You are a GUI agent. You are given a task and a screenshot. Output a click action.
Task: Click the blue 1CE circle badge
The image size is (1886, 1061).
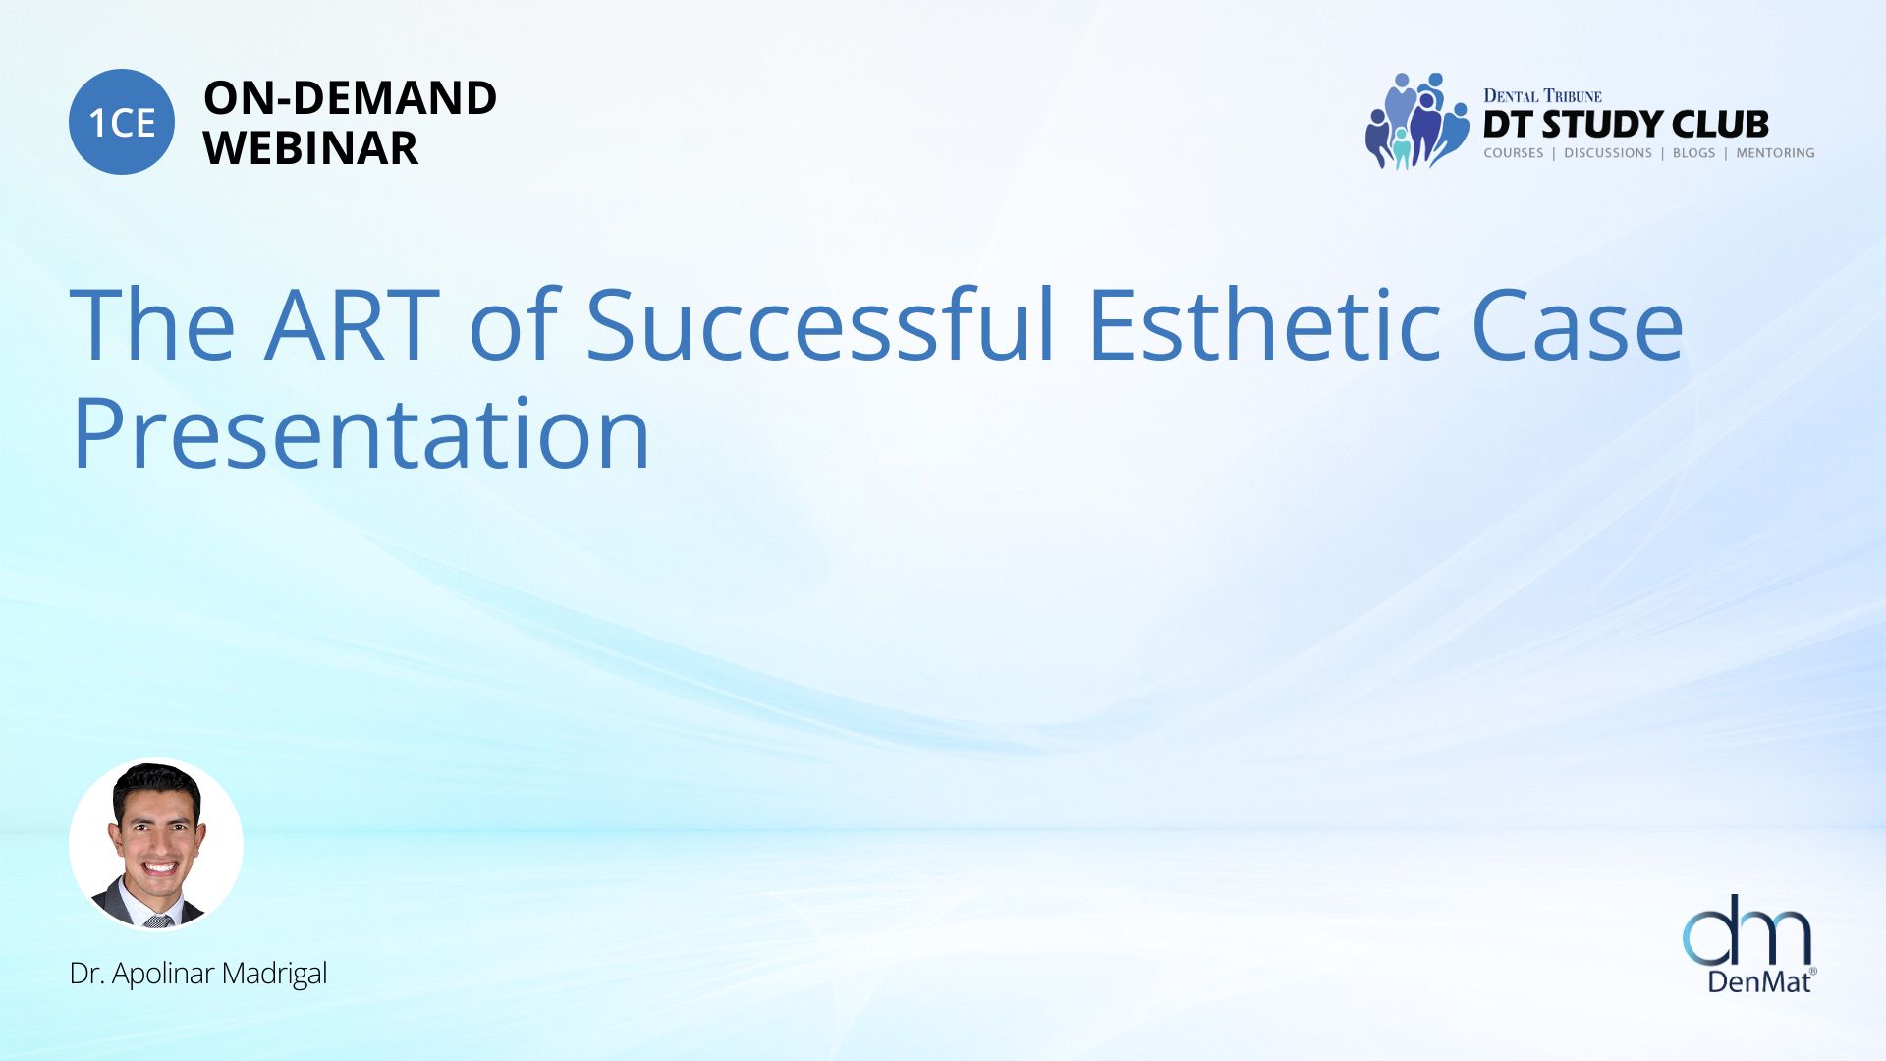[122, 122]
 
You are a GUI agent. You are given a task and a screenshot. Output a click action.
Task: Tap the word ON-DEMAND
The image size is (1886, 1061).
[350, 98]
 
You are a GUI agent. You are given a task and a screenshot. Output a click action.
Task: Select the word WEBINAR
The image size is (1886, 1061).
[310, 148]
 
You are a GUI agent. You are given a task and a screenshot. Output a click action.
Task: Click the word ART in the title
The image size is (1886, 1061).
[353, 325]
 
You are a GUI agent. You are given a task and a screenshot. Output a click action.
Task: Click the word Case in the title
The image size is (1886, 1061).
[1578, 325]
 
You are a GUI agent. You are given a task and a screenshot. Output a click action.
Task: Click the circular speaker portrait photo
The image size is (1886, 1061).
[156, 844]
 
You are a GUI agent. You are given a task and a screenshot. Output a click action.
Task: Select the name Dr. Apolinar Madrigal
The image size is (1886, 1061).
[198, 974]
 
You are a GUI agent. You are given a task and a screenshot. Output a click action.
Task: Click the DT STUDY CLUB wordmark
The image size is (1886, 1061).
[1626, 125]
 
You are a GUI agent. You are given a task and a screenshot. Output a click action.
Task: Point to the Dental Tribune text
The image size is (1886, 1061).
[1542, 95]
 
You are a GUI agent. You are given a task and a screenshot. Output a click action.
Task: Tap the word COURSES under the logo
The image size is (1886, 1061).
[1513, 153]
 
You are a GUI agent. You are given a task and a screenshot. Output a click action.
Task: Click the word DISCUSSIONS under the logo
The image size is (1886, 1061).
[1607, 153]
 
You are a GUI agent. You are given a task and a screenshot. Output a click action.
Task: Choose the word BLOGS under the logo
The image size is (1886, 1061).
[1693, 153]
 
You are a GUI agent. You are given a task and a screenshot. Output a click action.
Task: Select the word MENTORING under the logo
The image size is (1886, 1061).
[1775, 153]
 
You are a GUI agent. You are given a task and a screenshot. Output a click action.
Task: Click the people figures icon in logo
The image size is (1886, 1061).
[1416, 121]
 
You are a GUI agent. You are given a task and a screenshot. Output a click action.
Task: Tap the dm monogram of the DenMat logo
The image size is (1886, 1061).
[1747, 929]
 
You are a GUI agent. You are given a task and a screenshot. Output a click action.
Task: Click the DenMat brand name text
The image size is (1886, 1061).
[1758, 980]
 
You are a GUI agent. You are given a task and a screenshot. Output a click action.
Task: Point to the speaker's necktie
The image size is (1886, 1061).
[158, 921]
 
